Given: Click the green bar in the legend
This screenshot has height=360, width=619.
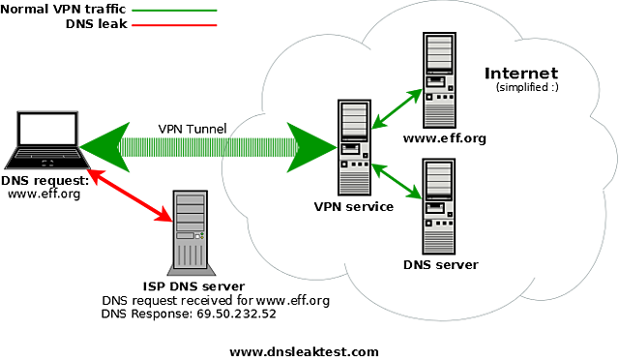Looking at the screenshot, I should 175,11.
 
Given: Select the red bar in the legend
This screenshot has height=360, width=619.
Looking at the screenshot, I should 175,26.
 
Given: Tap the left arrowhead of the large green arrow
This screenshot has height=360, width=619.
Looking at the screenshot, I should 105,146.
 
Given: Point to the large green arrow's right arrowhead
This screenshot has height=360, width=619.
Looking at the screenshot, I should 309,147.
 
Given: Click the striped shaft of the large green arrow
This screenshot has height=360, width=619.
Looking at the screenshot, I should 208,147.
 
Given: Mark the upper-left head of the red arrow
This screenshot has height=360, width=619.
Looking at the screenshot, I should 98,177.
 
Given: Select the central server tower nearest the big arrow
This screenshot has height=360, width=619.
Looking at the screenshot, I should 354,147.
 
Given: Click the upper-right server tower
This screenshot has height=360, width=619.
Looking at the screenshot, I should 439,80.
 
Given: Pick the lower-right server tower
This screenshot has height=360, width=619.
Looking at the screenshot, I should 438,206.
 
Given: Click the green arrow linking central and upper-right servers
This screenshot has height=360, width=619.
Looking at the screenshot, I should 398,107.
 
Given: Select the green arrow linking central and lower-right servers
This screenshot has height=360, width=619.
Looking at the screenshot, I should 397,181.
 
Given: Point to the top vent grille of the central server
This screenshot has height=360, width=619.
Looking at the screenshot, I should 354,119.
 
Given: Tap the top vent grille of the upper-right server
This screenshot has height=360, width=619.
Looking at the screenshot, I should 439,51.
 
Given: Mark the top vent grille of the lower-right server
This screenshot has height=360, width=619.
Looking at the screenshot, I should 438,178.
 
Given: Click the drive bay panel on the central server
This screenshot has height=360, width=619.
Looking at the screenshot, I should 351,150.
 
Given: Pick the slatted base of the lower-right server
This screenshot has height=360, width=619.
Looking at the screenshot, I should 438,240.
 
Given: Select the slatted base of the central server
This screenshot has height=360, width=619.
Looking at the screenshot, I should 354,182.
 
